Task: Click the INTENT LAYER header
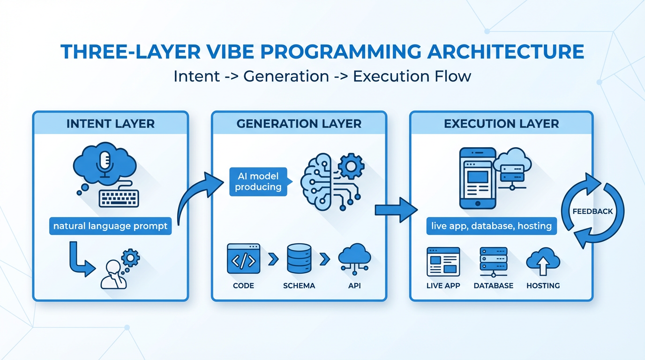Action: point(110,124)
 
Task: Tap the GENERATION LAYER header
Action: point(299,124)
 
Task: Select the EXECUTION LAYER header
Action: point(501,124)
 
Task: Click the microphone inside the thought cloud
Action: point(104,162)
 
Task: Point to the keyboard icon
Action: point(119,197)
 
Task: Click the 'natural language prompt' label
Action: point(110,226)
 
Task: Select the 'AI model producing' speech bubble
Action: point(258,182)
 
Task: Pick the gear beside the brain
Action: point(351,166)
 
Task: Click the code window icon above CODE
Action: point(243,258)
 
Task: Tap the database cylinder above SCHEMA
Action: point(299,258)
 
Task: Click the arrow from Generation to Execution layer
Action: point(396,209)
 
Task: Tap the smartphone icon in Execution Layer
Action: point(477,178)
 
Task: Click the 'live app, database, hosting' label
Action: point(491,226)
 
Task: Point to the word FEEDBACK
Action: point(592,211)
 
